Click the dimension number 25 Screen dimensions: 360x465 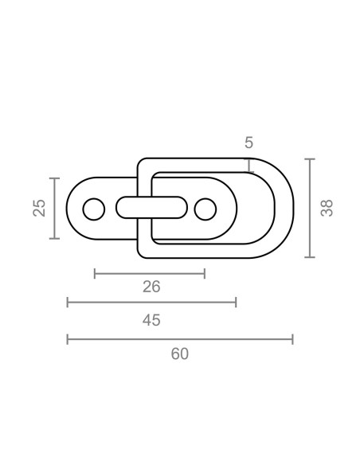click(x=39, y=208)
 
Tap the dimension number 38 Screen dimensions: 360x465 click(x=327, y=208)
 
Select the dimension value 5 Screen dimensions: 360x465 click(x=248, y=143)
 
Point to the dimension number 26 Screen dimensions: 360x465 click(x=151, y=287)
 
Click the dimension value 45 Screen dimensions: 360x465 click(x=151, y=320)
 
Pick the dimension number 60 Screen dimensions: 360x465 click(x=180, y=354)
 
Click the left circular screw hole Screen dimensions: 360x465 click(x=94, y=209)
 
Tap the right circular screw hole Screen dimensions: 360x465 click(x=205, y=209)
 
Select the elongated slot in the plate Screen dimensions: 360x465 click(x=151, y=208)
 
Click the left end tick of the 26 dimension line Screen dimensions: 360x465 click(x=95, y=273)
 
